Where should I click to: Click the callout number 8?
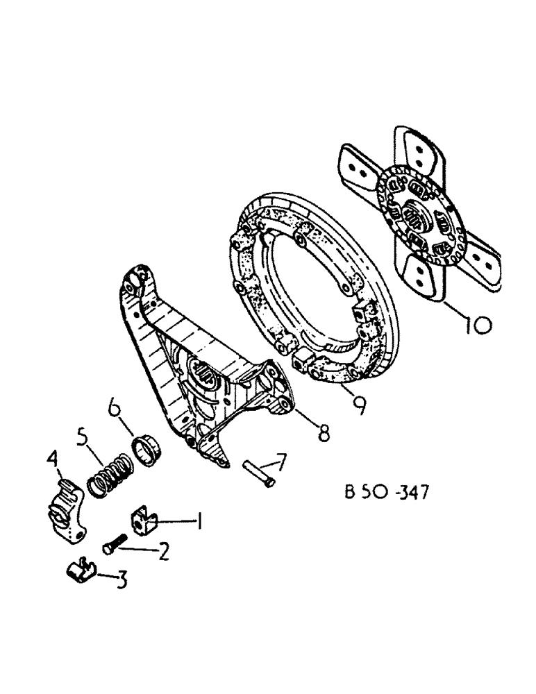pos(321,434)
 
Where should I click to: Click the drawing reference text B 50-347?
pos(387,493)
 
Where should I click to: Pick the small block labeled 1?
pos(144,520)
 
